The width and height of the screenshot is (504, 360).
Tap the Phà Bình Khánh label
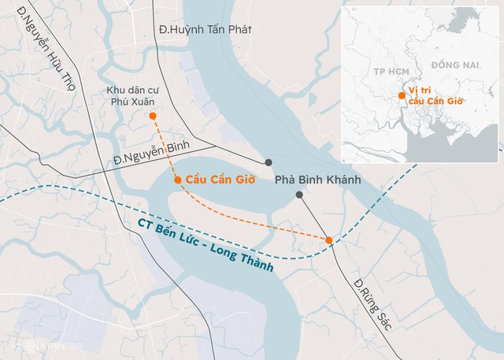point(317,180)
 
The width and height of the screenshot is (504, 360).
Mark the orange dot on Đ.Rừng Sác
point(328,239)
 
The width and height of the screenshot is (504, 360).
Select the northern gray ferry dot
point(269,162)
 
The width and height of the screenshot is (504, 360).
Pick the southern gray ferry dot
point(298,195)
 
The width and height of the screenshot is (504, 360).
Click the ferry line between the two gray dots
point(283,179)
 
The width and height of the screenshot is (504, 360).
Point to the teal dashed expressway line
point(79,189)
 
